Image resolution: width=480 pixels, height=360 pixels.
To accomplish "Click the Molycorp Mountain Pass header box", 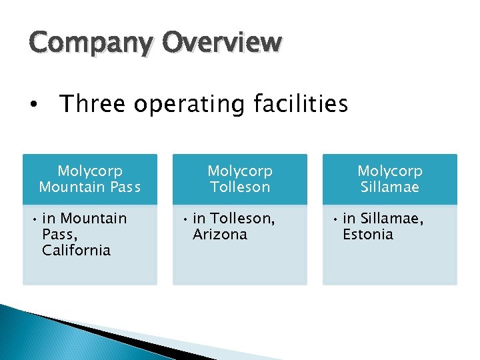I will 90,179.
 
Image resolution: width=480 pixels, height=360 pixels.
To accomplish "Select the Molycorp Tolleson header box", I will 240,179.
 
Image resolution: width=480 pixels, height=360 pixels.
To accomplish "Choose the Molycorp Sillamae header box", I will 390,179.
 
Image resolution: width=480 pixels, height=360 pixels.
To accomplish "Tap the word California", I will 76,250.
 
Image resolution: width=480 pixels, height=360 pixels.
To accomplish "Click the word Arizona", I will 220,234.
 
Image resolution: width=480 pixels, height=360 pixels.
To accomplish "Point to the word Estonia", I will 368,234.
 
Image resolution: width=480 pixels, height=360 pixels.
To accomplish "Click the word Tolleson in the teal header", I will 240,187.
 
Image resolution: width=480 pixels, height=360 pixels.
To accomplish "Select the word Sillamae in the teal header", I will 390,187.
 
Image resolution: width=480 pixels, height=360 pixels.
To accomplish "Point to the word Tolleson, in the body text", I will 243,218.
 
